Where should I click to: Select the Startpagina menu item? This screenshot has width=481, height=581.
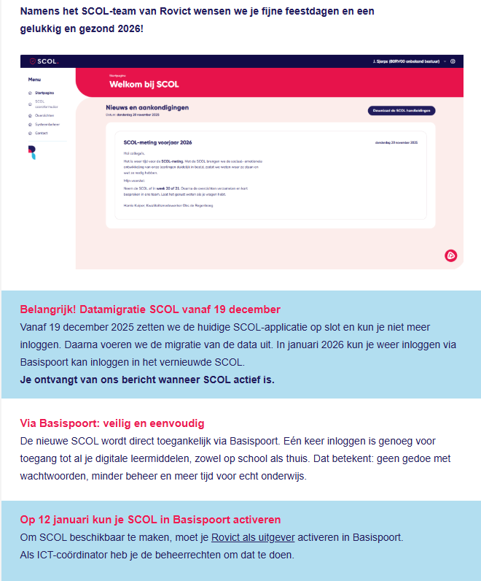[x=44, y=93]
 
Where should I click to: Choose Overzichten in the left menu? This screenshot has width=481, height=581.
[x=45, y=115]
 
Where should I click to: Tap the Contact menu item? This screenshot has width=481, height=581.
[x=42, y=134]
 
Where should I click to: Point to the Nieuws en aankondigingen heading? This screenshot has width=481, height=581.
[x=147, y=107]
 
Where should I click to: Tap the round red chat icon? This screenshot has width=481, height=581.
[x=450, y=255]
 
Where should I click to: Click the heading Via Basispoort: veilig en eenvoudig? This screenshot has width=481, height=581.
[x=112, y=423]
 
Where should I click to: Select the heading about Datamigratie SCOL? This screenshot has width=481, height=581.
[x=150, y=309]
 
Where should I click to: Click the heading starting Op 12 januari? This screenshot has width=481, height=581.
[x=150, y=520]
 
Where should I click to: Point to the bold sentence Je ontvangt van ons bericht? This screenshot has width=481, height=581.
[x=147, y=380]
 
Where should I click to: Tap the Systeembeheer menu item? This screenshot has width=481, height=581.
[x=48, y=125]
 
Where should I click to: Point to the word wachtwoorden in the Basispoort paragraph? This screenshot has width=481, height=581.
[x=58, y=477]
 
